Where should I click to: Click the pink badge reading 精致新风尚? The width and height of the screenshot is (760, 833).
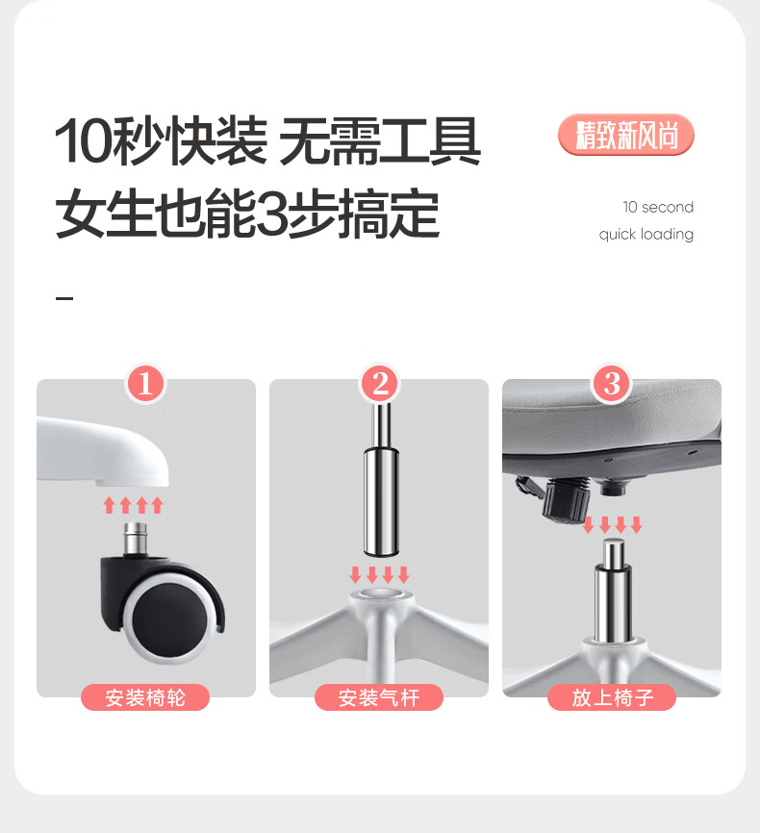tap(626, 135)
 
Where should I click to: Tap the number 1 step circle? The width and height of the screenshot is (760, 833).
tap(145, 384)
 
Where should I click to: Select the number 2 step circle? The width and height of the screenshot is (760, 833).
tap(379, 384)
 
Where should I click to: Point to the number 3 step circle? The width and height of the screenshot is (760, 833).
tap(612, 384)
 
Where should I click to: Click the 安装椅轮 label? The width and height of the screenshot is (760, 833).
tap(145, 697)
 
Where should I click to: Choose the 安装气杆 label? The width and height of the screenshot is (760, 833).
tap(379, 697)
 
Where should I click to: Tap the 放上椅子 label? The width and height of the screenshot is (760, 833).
tap(612, 697)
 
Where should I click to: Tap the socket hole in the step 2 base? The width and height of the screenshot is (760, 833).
tap(379, 593)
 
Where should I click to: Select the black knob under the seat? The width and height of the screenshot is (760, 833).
tap(566, 498)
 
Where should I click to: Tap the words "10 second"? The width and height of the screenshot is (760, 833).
tap(658, 207)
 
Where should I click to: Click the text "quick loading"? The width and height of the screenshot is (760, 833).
tap(646, 235)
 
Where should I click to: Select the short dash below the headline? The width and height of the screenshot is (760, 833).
tap(64, 298)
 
